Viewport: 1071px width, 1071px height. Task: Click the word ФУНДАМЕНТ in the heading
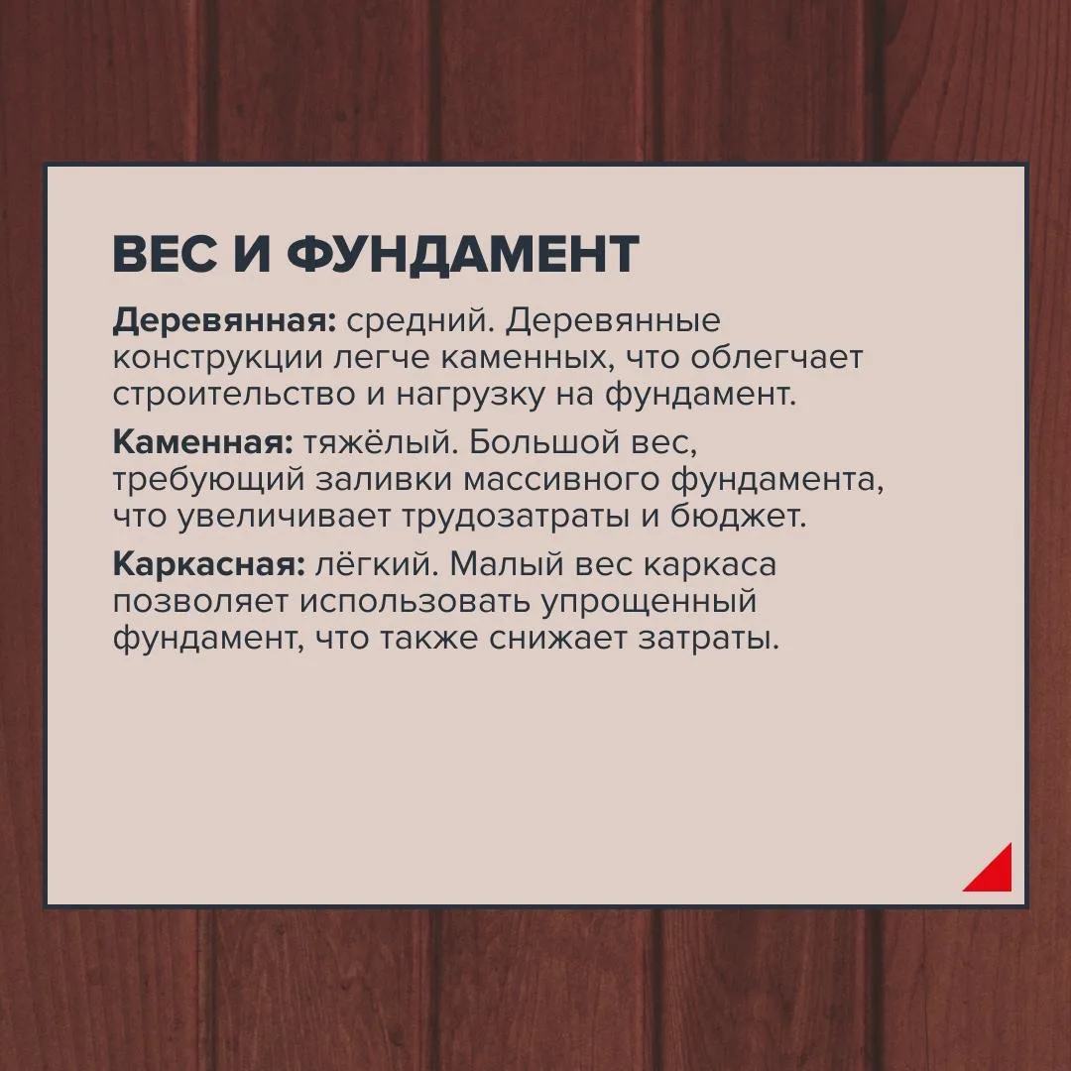[462, 254]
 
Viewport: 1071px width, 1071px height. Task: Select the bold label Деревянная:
[225, 321]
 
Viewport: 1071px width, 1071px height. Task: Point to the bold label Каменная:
[203, 442]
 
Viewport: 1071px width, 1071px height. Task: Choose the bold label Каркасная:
[209, 565]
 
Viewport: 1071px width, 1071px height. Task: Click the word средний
[420, 321]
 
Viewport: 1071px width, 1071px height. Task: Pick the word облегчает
[775, 357]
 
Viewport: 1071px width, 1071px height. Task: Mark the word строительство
[234, 396]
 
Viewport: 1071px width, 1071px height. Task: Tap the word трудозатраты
[515, 518]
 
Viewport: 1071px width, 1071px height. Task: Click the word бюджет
[738, 517]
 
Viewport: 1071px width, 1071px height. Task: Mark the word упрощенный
[649, 603]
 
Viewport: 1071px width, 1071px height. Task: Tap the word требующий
[208, 481]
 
